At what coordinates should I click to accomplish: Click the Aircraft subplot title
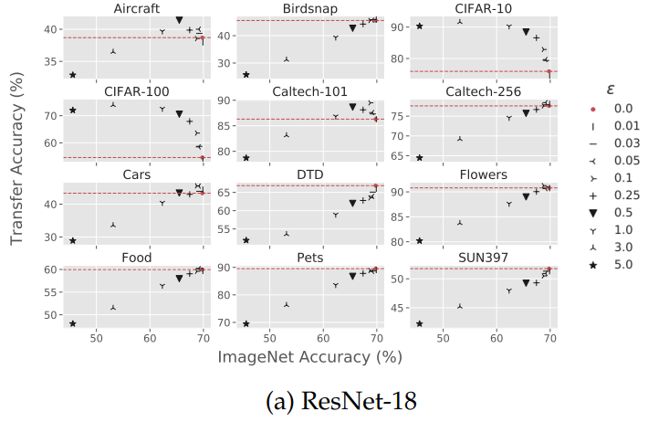pos(138,8)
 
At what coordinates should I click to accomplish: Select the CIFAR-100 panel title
pos(137,90)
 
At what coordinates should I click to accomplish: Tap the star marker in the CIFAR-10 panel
pos(419,26)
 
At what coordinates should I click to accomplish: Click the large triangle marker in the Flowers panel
pos(526,196)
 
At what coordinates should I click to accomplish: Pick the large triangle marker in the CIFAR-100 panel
pos(179,114)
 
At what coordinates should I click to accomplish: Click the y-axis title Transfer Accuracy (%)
pos(17,172)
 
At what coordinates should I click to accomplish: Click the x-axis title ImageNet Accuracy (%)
pos(310,357)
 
